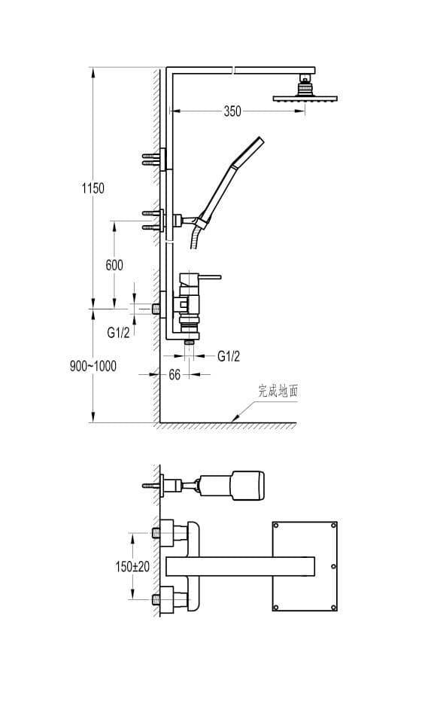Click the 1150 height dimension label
point(93,188)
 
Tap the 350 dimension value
point(232,111)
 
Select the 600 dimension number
point(114,265)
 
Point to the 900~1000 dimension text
point(93,366)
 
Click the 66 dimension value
point(174,375)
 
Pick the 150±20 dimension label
point(132,566)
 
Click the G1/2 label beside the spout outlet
point(229,356)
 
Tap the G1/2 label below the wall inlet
point(119,332)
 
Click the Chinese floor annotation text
point(278,391)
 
